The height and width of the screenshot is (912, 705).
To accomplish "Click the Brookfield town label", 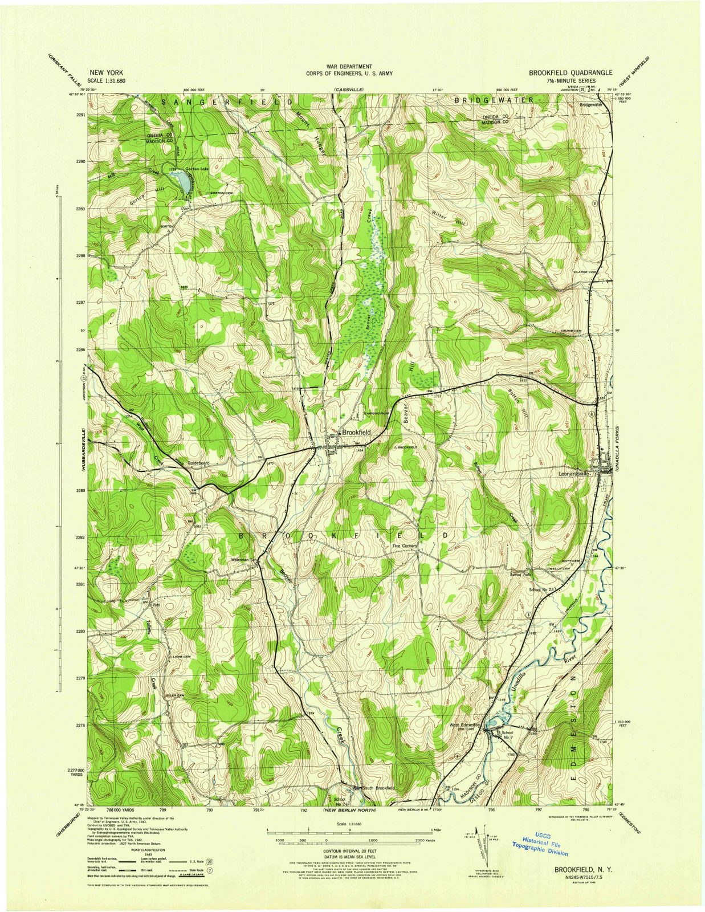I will coord(356,432).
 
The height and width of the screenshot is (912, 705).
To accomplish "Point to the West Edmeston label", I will coord(466,726).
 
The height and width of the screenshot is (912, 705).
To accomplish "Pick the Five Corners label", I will coord(405,545).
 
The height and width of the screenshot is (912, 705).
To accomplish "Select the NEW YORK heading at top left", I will coord(107,73).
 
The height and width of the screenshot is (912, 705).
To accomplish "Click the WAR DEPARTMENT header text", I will coord(349,67).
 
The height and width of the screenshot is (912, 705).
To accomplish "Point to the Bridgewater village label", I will coord(590,105).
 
